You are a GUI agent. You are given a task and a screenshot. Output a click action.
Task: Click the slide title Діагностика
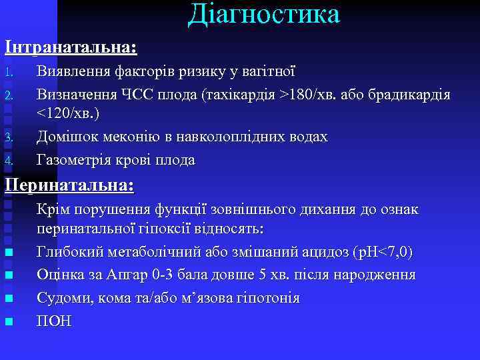pyautogui.click(x=263, y=15)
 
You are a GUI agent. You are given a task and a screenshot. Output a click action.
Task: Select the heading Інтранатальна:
pyautogui.click(x=71, y=48)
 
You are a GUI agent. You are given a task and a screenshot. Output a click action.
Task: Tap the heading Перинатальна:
pyautogui.click(x=69, y=185)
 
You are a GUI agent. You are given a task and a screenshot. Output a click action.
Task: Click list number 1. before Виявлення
pyautogui.click(x=9, y=71)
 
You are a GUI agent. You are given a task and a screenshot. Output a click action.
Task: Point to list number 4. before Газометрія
pyautogui.click(x=9, y=161)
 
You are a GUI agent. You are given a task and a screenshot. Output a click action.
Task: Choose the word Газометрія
pyautogui.click(x=77, y=160)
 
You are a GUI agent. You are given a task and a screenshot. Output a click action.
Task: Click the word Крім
pyautogui.click(x=53, y=209)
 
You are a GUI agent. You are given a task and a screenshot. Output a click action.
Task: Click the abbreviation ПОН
pyautogui.click(x=54, y=321)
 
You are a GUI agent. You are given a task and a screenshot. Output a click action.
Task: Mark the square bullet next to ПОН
pyautogui.click(x=9, y=322)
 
